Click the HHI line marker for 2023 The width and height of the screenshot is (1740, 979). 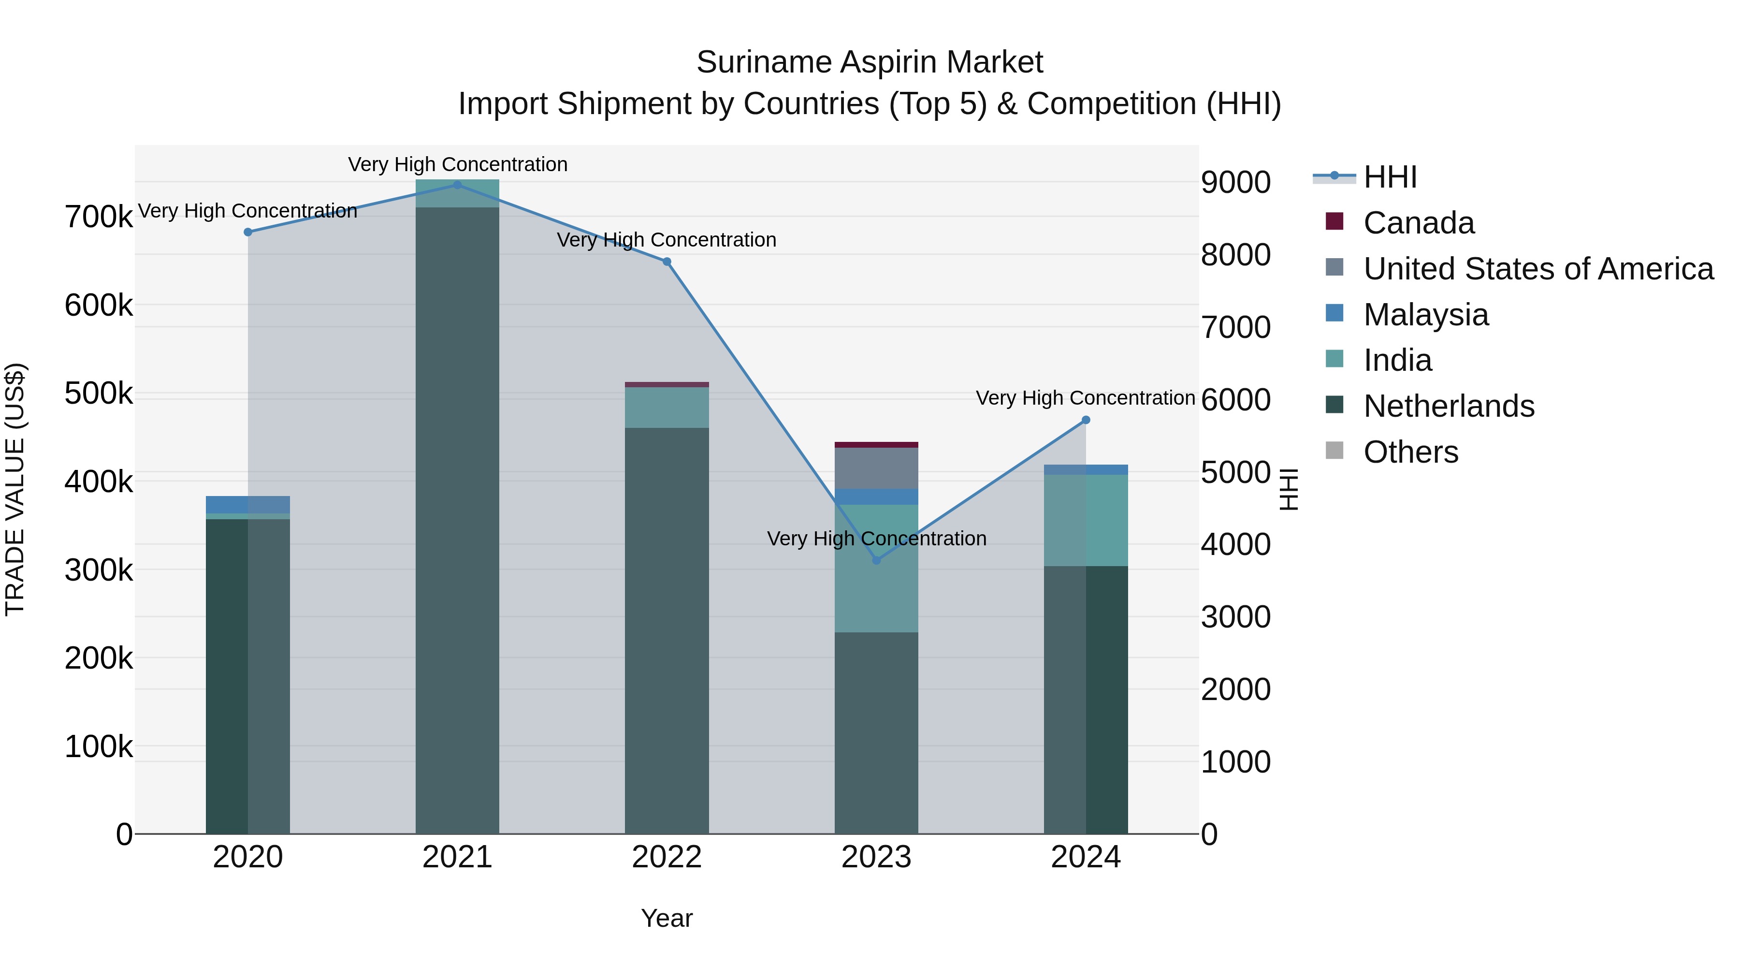click(x=876, y=560)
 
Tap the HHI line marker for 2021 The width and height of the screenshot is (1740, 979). click(x=457, y=185)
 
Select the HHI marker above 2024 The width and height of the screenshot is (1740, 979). click(x=1086, y=420)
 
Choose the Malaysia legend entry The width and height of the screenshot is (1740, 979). click(x=1425, y=315)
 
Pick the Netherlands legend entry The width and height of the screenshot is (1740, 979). click(x=1448, y=406)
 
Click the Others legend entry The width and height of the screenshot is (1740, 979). click(x=1410, y=452)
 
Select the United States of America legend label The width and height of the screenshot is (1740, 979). click(x=1538, y=269)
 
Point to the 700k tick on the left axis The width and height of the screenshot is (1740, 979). click(x=99, y=218)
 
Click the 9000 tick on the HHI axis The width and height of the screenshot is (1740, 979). click(x=1235, y=182)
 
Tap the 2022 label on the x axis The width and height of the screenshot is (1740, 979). click(x=667, y=857)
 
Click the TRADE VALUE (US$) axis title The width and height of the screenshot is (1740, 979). click(x=15, y=489)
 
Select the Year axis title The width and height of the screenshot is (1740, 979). click(x=667, y=918)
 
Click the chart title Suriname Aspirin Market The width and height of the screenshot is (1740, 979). click(x=870, y=62)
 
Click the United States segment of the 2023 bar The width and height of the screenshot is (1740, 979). click(x=876, y=468)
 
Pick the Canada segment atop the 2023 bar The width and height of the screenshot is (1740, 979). click(x=876, y=445)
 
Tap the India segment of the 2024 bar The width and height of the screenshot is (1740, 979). click(x=1086, y=520)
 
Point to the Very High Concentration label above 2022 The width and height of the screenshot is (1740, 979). click(x=666, y=240)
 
